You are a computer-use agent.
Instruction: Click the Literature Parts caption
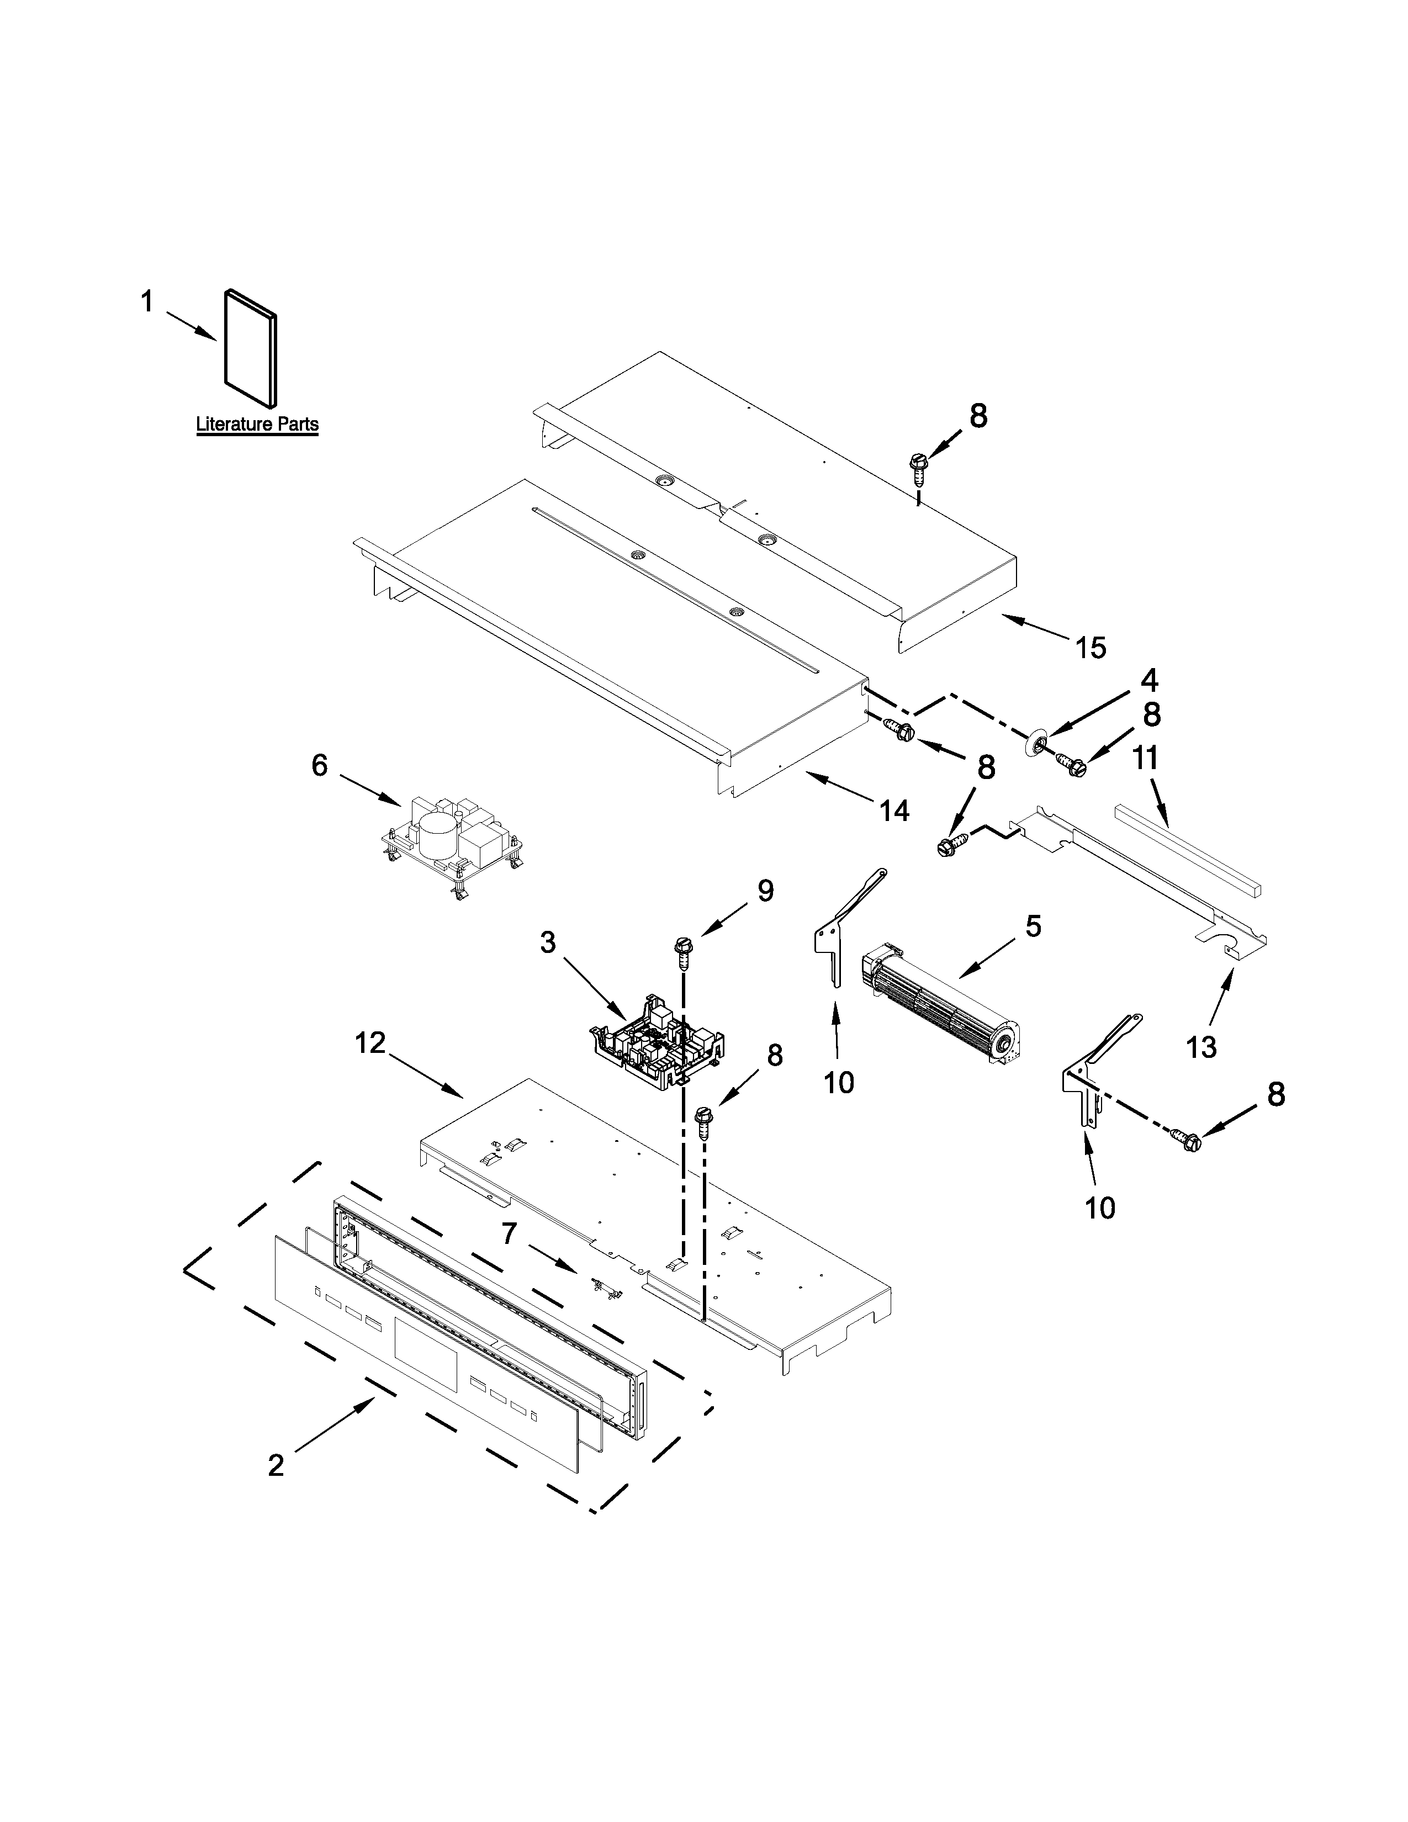[x=257, y=424]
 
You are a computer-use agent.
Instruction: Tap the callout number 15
[x=1090, y=648]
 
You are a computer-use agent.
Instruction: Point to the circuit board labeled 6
[x=451, y=849]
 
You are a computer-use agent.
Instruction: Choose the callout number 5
[x=1033, y=925]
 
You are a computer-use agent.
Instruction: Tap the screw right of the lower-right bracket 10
[x=1188, y=1141]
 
